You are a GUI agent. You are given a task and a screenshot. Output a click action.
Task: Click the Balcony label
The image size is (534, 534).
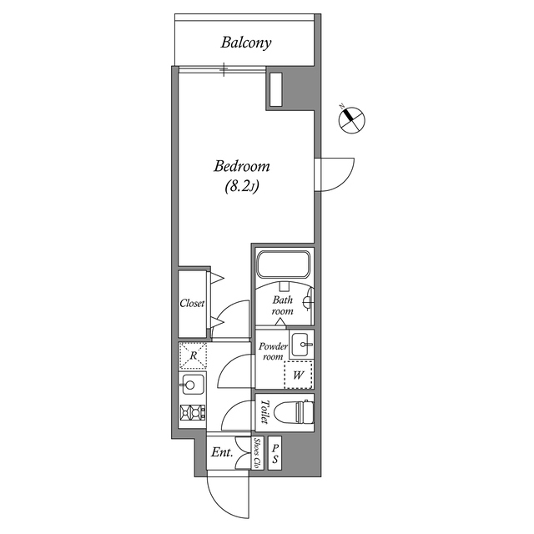[246, 43]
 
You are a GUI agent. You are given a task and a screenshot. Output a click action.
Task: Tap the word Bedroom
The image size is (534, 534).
[242, 167]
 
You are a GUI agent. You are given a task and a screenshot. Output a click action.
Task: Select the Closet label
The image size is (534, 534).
[193, 304]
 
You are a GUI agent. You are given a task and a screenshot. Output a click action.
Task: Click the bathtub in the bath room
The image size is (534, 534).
[284, 265]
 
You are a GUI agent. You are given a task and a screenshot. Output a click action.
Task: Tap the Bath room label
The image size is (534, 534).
[283, 305]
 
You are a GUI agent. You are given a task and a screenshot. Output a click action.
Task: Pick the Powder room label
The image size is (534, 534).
[273, 351]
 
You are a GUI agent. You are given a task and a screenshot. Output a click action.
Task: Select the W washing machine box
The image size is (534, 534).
[298, 375]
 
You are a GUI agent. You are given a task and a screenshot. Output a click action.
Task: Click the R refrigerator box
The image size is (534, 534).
[193, 356]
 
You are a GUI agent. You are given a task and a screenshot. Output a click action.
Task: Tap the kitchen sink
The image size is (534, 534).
[192, 385]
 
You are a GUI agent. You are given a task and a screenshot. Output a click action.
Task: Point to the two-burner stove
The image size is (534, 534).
[193, 412]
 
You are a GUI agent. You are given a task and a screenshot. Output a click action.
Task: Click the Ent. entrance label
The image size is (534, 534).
[221, 453]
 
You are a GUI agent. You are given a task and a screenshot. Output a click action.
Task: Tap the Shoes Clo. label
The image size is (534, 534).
[258, 453]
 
